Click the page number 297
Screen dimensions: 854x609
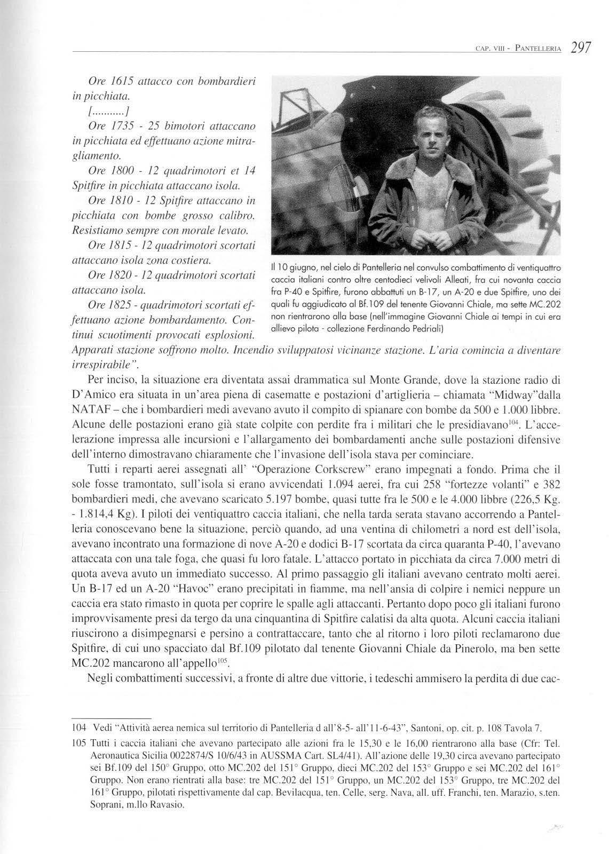[x=580, y=48]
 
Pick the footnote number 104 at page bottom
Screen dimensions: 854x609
[x=78, y=728]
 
